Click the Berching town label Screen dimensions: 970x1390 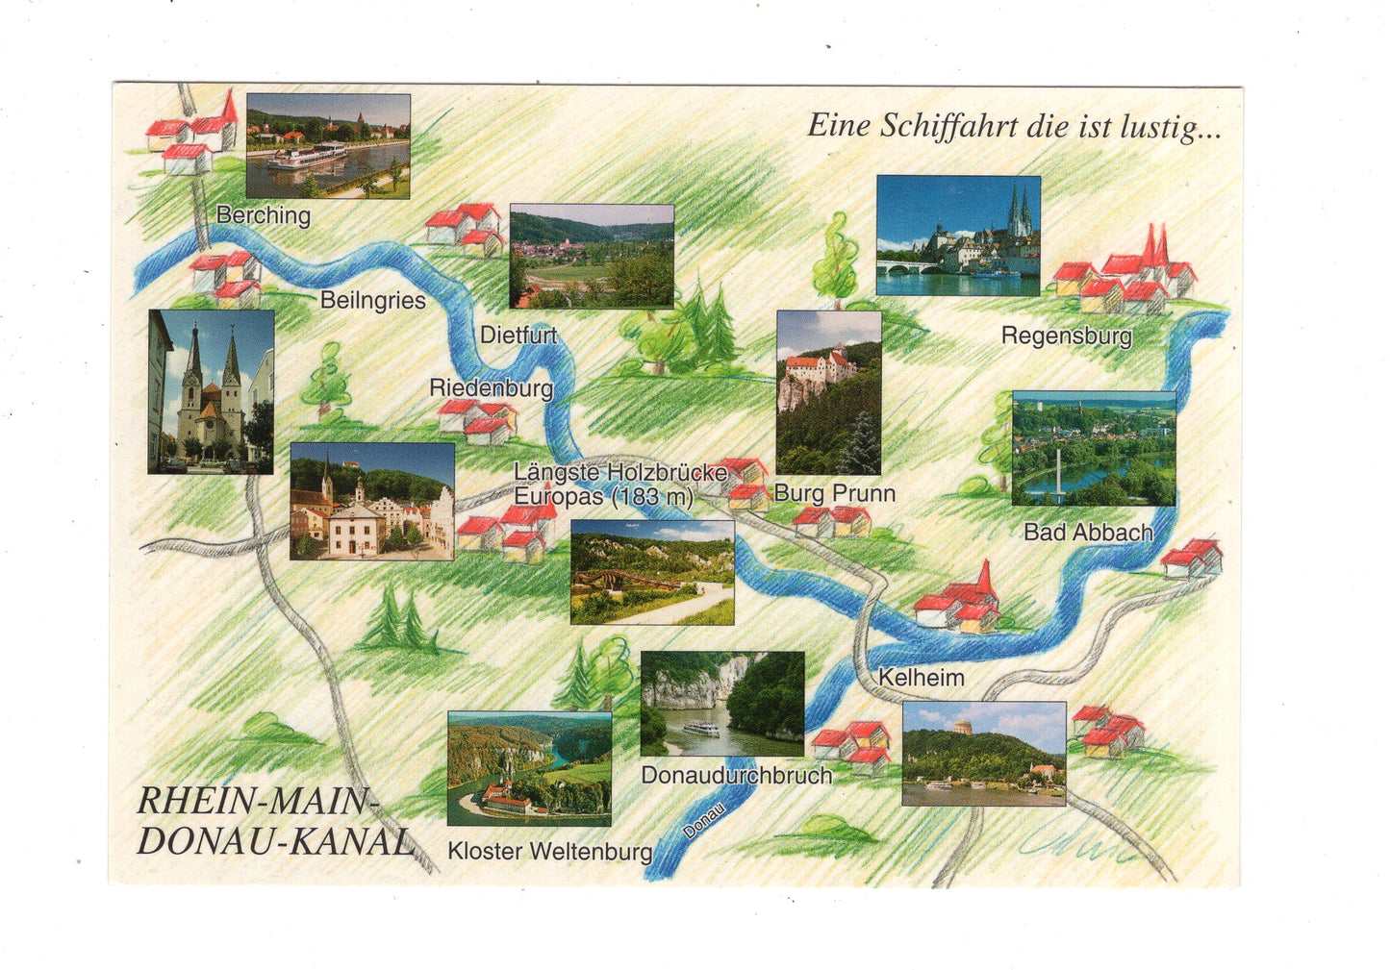(x=263, y=214)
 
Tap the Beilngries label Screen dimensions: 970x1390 (x=372, y=300)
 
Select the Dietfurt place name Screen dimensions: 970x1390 (x=518, y=336)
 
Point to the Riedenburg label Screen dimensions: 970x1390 (x=491, y=387)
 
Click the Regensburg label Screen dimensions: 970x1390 (x=1066, y=336)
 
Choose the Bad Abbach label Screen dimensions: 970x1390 (x=1087, y=532)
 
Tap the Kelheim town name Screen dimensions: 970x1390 (x=921, y=677)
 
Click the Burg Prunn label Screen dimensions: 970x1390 (x=834, y=493)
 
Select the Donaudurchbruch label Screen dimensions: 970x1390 (x=736, y=775)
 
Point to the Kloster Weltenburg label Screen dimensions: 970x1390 (x=549, y=851)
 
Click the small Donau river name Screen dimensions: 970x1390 (x=703, y=820)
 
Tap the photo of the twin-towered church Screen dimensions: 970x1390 (x=211, y=391)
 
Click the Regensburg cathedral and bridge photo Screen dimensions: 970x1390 (x=958, y=235)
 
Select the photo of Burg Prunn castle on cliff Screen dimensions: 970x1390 (x=828, y=391)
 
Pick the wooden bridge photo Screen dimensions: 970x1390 (x=651, y=572)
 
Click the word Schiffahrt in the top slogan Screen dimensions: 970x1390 (x=948, y=126)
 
